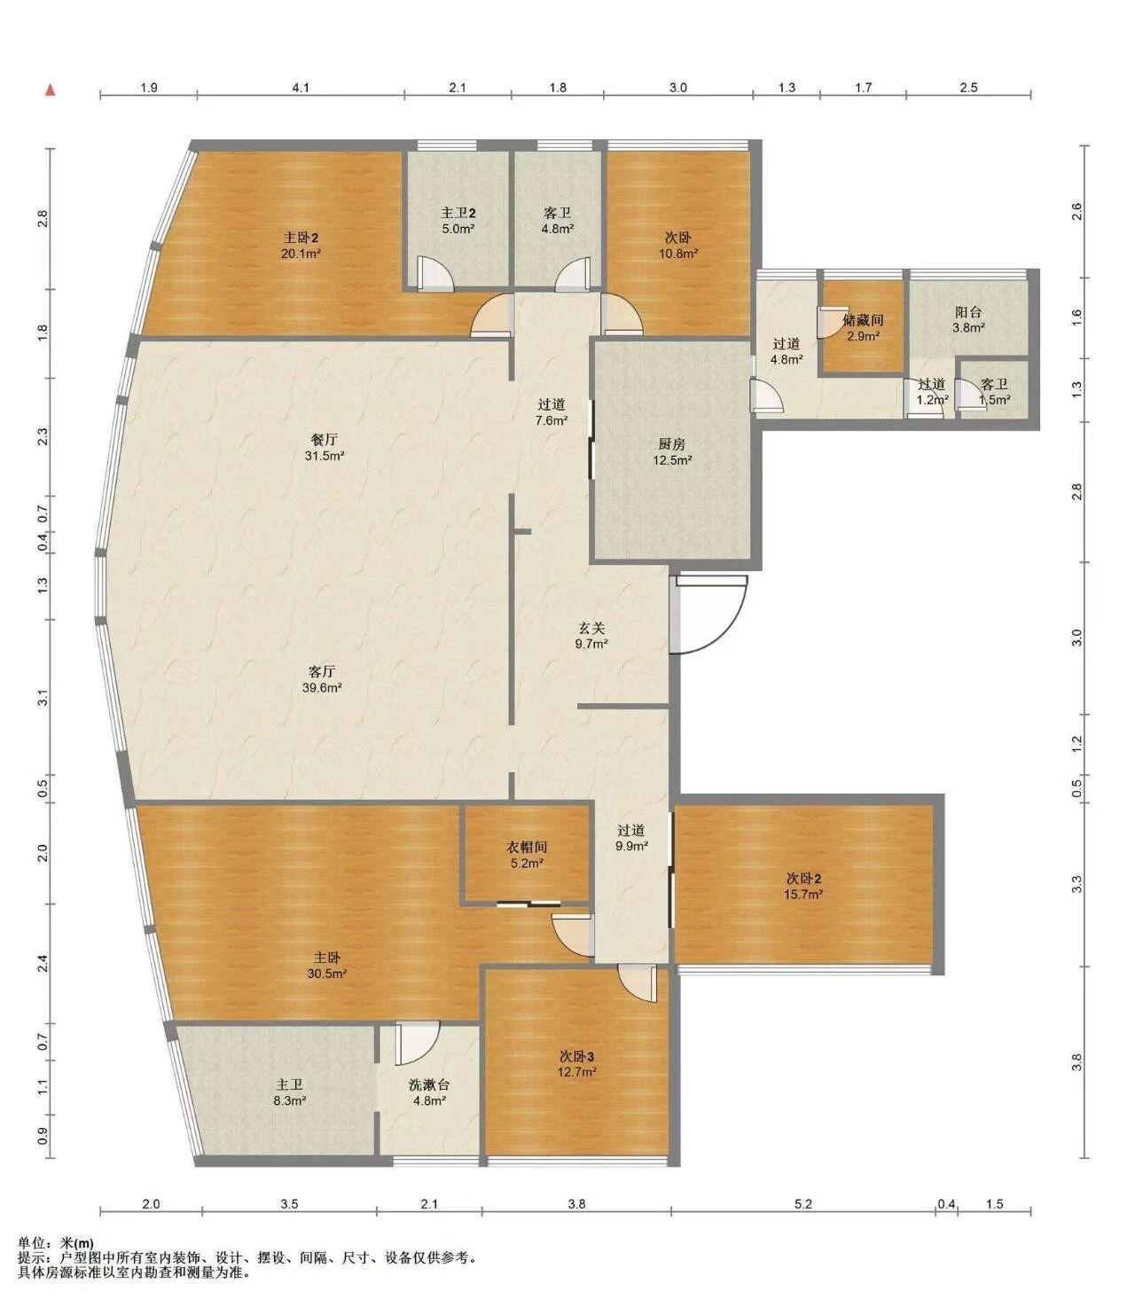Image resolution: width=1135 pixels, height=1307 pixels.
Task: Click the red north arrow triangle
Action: click(50, 90)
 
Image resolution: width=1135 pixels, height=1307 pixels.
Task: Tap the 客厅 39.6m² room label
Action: click(322, 679)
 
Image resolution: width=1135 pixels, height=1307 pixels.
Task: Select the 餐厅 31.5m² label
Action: click(325, 447)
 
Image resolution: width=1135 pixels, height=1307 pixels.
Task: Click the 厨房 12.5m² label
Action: click(672, 451)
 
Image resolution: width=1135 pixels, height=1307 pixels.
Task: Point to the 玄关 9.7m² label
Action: click(591, 636)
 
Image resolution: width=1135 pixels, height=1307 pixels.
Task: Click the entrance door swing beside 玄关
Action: click(708, 614)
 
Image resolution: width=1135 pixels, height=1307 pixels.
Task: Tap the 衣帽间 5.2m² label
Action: click(527, 855)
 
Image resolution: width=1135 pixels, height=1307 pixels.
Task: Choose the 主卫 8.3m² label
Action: click(289, 1092)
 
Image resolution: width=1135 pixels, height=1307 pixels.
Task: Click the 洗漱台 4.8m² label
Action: click(428, 1092)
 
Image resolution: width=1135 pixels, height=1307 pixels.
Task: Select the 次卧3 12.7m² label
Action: click(576, 1064)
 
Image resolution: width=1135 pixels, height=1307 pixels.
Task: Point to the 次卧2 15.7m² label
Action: click(802, 886)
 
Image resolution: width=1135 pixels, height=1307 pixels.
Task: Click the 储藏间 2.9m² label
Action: click(863, 328)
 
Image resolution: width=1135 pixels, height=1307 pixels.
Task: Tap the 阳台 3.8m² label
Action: click(968, 320)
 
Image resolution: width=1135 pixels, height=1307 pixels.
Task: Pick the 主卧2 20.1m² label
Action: click(301, 246)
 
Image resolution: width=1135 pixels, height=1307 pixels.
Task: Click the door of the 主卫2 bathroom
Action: click(434, 275)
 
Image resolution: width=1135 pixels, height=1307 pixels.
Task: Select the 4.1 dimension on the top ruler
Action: click(301, 88)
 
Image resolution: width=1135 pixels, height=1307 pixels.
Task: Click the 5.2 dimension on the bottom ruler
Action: click(802, 1204)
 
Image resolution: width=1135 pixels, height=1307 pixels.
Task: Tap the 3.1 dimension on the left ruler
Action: click(43, 698)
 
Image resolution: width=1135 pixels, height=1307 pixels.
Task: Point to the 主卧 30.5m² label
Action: click(326, 966)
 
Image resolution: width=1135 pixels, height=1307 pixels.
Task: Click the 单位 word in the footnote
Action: click(32, 1243)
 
